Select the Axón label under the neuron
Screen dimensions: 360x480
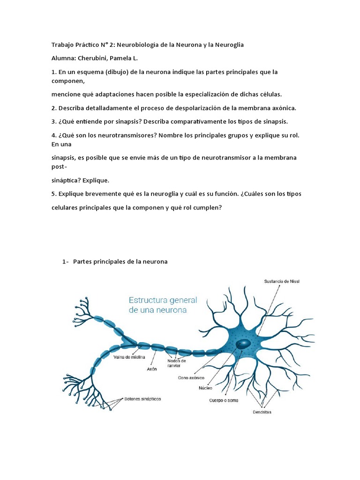click(x=151, y=369)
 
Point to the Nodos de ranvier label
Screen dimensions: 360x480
click(x=176, y=363)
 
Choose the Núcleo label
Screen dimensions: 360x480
click(x=205, y=388)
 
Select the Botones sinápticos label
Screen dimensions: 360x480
click(x=142, y=399)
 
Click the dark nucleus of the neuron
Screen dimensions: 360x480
click(x=243, y=344)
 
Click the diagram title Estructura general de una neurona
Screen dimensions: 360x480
click(x=163, y=305)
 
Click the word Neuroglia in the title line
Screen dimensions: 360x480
click(x=229, y=45)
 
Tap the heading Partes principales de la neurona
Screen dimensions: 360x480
click(x=120, y=262)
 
